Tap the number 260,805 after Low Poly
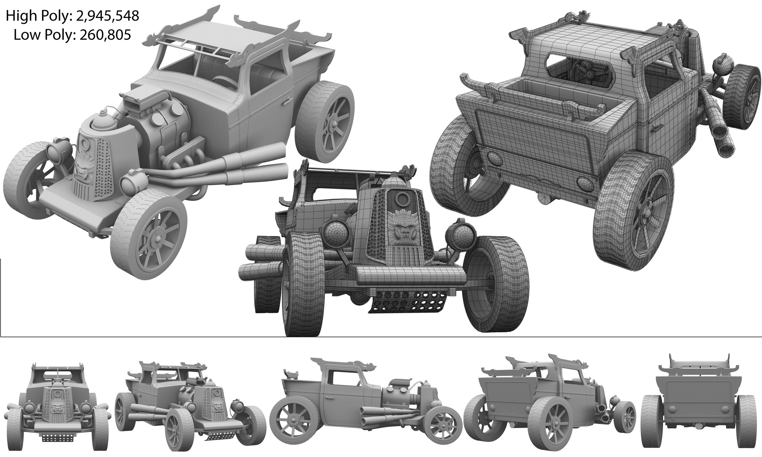pos(105,35)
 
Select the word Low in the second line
pos(25,35)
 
